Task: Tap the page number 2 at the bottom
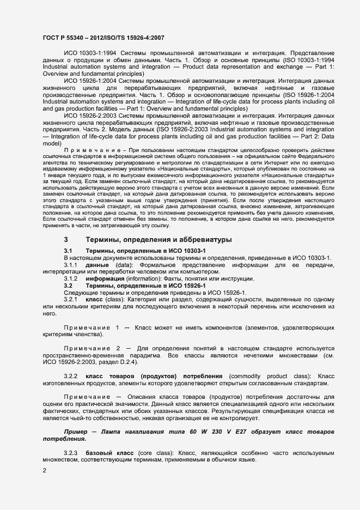pos(44,470)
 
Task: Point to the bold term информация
pos(106,278)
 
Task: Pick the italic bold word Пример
pos(76,432)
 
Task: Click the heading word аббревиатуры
pos(217,239)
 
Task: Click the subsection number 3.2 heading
pos(69,286)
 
